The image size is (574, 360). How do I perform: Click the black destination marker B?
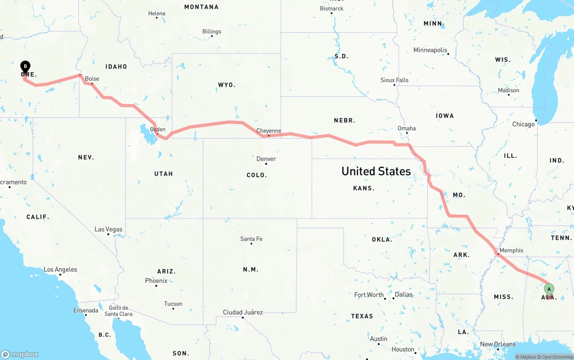pyautogui.click(x=26, y=67)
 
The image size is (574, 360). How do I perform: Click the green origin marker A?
pyautogui.click(x=549, y=289)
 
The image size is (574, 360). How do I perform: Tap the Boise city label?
pyautogui.click(x=92, y=78)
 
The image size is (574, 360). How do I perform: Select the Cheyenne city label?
pyautogui.click(x=269, y=131)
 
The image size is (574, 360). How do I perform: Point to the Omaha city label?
pyautogui.click(x=407, y=128)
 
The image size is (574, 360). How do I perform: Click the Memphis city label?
pyautogui.click(x=511, y=251)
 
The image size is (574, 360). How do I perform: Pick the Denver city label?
pyautogui.click(x=266, y=159)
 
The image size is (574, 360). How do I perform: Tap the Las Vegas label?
pyautogui.click(x=109, y=229)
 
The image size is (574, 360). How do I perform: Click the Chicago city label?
pyautogui.click(x=523, y=124)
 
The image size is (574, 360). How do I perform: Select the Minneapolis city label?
pyautogui.click(x=430, y=50)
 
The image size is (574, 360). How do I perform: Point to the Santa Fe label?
pyautogui.click(x=251, y=239)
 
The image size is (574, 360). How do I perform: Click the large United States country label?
pyautogui.click(x=376, y=171)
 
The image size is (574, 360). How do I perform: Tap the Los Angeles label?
pyautogui.click(x=60, y=269)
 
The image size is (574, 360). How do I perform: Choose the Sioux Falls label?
pyautogui.click(x=395, y=80)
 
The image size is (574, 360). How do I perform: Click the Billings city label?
pyautogui.click(x=212, y=31)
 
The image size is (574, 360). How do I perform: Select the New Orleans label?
pyautogui.click(x=498, y=344)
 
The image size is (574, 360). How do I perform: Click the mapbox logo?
pyautogui.click(x=20, y=354)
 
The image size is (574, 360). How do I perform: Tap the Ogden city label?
pyautogui.click(x=157, y=130)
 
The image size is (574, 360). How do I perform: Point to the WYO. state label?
pyautogui.click(x=226, y=85)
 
